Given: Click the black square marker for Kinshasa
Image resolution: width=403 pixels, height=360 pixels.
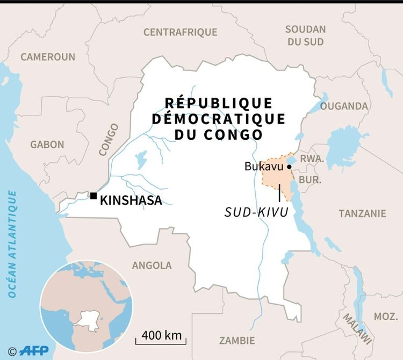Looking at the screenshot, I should coord(93,196).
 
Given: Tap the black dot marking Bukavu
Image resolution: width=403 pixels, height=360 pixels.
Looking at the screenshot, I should coord(289,167).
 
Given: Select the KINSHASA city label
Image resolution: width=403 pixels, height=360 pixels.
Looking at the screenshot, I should coord(131,201).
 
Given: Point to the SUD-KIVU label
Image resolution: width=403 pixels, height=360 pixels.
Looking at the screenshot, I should coord(256,213).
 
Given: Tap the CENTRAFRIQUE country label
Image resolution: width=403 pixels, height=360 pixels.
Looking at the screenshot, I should coord(179,32).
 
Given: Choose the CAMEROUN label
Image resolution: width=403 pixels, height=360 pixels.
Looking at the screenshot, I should coord(48,57).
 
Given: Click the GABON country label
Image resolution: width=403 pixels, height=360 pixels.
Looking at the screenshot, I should coord(47,145).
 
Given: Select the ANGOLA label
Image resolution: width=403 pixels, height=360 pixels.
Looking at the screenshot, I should coord(152,265).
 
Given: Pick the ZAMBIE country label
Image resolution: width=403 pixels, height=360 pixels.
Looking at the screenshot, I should coord(237,341).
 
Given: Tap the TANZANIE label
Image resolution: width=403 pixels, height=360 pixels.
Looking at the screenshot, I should coord(362,213).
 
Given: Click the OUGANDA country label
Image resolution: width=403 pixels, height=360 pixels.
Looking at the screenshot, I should coord(344,106).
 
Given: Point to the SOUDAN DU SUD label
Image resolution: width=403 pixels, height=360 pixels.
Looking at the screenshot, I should coord(305,35).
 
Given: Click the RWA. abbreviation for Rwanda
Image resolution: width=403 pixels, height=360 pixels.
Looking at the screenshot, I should coord(312,159).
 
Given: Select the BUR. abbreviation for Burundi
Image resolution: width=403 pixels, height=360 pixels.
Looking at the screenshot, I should coord(310,179).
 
